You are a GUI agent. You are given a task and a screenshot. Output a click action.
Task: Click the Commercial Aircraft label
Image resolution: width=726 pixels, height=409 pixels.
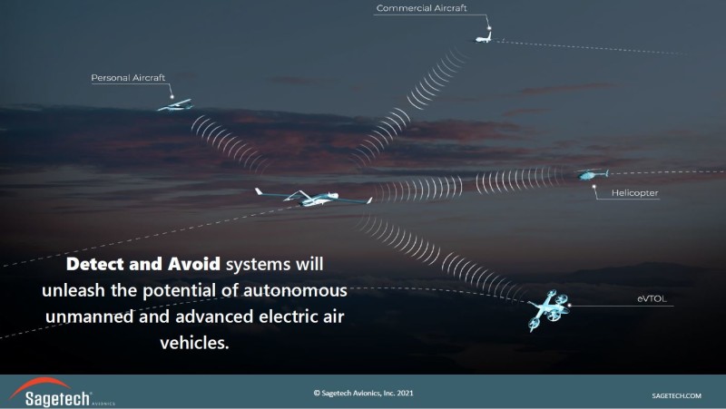(421, 8)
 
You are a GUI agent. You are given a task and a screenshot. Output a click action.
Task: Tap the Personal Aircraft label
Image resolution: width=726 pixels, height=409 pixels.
(128, 78)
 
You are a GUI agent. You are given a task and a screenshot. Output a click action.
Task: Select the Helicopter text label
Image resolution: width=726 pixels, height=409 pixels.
(634, 193)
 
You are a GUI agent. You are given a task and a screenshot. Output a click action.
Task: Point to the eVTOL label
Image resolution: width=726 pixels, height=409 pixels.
(652, 299)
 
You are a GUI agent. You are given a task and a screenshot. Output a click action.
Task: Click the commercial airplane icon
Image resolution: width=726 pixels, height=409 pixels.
(484, 37)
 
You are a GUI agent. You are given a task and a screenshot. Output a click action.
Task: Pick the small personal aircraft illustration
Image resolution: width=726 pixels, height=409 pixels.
(175, 105)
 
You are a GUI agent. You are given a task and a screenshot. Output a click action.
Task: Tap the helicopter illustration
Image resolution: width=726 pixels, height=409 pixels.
(593, 174)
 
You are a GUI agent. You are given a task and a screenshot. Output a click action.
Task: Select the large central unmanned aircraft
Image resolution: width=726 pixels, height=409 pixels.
(313, 197)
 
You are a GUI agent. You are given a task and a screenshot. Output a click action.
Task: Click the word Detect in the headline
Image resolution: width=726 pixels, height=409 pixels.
(95, 264)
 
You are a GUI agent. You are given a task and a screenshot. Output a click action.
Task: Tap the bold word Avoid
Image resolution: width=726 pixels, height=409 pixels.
(194, 264)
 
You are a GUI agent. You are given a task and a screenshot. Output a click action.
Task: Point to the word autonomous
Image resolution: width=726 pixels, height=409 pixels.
(295, 290)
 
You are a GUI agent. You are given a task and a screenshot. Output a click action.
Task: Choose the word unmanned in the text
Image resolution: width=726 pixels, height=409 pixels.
(90, 316)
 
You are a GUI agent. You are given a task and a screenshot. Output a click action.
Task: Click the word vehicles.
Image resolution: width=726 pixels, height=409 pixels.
(194, 343)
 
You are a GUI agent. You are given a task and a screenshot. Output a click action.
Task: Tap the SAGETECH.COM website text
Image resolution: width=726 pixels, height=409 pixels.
(676, 395)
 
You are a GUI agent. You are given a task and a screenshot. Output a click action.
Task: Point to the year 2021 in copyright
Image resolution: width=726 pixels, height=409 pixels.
(405, 394)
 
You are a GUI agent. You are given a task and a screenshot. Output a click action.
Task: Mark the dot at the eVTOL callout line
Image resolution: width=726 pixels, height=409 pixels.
(570, 306)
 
